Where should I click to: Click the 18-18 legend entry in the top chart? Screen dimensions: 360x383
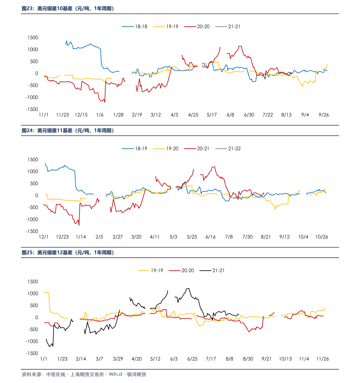click(x=135, y=26)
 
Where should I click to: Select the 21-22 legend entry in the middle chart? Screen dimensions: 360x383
click(x=228, y=149)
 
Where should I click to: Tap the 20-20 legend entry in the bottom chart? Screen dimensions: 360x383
click(x=181, y=270)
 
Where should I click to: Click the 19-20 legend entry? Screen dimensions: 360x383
click(x=166, y=149)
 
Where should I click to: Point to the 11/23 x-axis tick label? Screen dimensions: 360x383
click(x=62, y=115)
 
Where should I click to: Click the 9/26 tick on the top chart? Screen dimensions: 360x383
click(x=323, y=115)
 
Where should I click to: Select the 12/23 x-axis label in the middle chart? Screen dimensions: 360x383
click(x=62, y=237)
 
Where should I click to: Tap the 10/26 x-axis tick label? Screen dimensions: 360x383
click(x=322, y=237)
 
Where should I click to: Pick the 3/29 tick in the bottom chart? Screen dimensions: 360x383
click(x=118, y=359)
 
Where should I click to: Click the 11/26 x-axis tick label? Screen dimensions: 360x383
click(x=322, y=359)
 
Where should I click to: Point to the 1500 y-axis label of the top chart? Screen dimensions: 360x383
click(x=33, y=37)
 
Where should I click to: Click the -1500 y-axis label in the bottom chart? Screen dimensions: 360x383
click(x=32, y=353)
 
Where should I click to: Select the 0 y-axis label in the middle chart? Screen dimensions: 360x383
click(x=37, y=195)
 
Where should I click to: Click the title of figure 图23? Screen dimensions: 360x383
click(x=68, y=8)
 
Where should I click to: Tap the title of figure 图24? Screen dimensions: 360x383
click(x=68, y=130)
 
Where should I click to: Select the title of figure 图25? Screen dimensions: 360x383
click(x=68, y=253)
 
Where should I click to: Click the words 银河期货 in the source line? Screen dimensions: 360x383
click(x=137, y=374)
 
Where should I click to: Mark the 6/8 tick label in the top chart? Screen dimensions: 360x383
click(x=230, y=115)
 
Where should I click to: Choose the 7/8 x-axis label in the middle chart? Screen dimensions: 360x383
click(x=229, y=237)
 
